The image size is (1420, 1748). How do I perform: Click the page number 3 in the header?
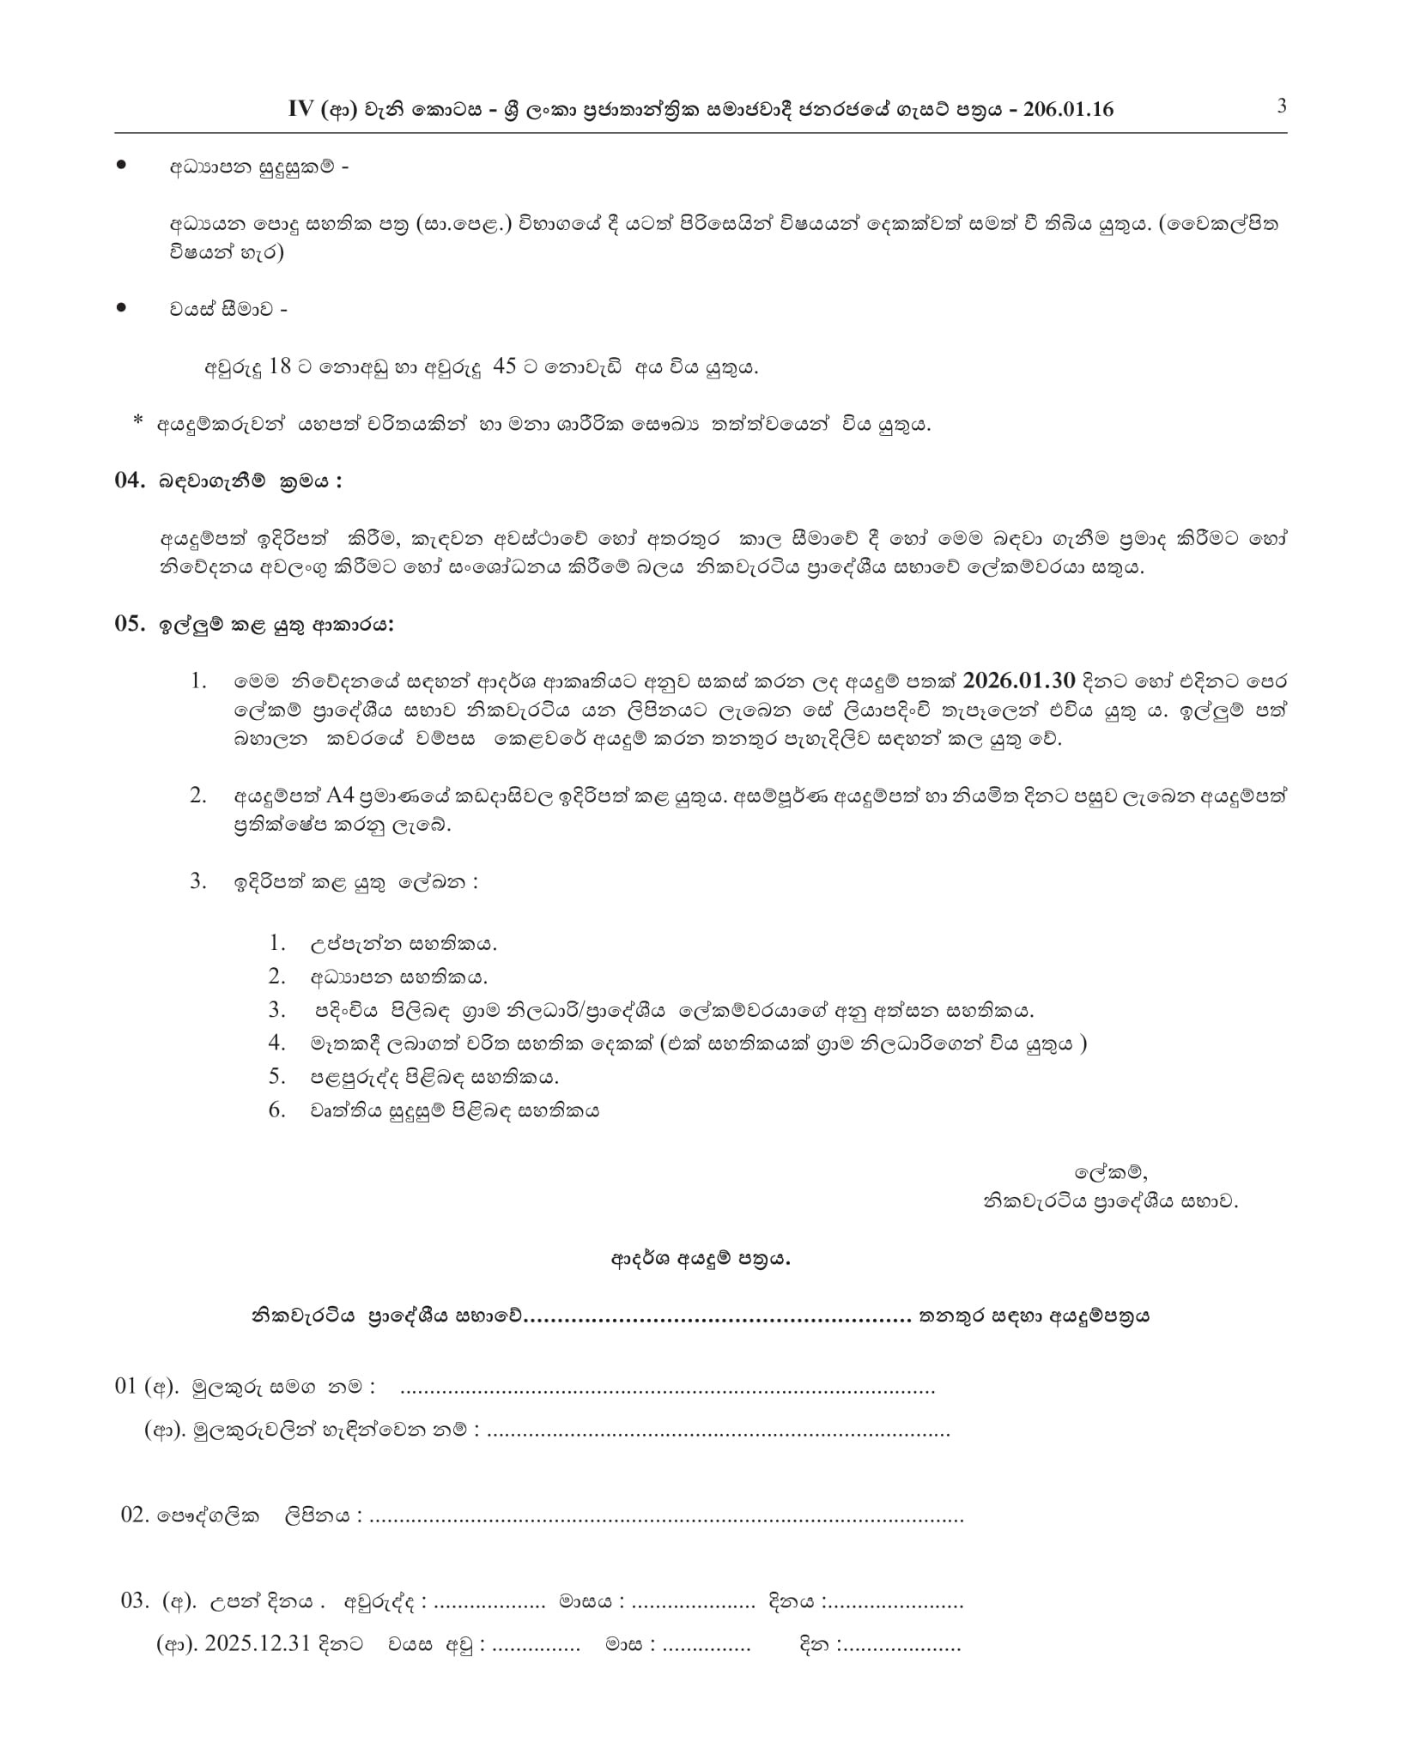pos(1281,106)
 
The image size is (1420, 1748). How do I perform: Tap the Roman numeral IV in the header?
pos(303,109)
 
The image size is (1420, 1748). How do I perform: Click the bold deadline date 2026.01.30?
pos(1019,680)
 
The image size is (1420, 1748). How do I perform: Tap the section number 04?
pos(130,481)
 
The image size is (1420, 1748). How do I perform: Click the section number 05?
pos(130,624)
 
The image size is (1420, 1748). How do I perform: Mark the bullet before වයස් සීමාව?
pos(121,306)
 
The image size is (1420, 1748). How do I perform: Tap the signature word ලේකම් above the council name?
pos(1110,1172)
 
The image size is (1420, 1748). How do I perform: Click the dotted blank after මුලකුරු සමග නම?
pos(667,1387)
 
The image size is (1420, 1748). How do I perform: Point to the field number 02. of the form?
pos(135,1515)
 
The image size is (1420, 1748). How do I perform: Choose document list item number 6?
pos(276,1110)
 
